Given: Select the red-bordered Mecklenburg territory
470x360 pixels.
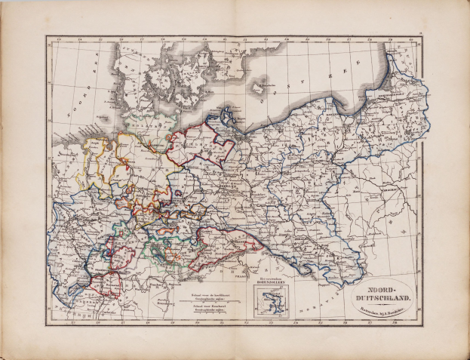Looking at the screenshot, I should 192,143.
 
